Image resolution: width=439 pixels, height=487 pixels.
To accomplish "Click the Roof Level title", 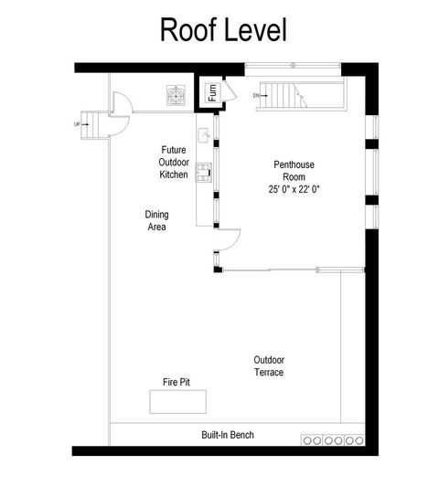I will point(223,29).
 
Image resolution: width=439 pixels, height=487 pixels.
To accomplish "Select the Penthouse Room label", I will point(294,165).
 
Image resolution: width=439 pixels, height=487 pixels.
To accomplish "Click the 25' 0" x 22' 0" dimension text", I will point(294,189).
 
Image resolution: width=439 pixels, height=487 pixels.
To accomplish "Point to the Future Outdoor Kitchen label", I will point(174,161).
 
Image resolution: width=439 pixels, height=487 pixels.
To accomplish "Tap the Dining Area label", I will point(156,221).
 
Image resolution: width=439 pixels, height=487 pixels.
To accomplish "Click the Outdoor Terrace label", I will point(269,366).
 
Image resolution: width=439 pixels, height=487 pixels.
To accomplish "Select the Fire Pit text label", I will point(176,382).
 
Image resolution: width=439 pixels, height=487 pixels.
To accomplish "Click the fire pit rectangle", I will point(178,401).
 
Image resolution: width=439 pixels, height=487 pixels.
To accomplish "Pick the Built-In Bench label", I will point(228,435).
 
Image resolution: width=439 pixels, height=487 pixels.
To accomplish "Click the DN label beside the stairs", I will point(257,95).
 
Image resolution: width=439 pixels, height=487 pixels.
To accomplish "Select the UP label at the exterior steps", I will point(77,122).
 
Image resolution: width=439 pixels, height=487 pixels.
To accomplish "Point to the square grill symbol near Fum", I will point(175,94).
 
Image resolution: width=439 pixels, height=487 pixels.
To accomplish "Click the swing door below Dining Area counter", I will point(227,242).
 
